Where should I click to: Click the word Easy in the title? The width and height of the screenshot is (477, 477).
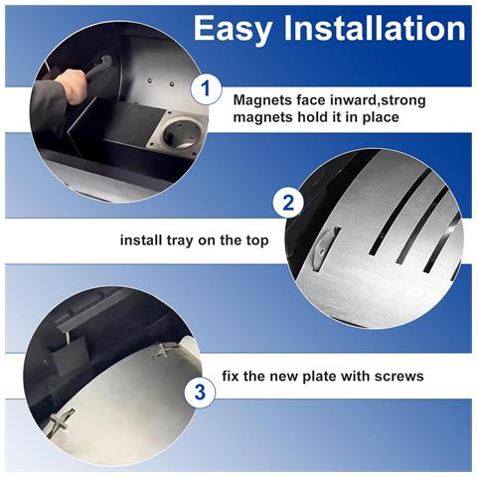tap(233, 29)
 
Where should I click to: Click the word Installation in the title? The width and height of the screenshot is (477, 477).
tap(375, 28)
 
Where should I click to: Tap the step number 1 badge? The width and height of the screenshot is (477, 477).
tap(206, 88)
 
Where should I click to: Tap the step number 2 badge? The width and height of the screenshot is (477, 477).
tap(288, 203)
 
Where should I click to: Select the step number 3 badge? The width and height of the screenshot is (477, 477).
tap(200, 393)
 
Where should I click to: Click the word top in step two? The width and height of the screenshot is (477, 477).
tap(257, 240)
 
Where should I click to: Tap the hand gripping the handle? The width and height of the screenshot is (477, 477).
tap(72, 85)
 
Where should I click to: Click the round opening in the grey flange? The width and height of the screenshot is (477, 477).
tap(183, 134)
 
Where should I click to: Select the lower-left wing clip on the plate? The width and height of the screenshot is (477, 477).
tap(62, 419)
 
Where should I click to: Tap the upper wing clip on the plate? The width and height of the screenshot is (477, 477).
tap(163, 350)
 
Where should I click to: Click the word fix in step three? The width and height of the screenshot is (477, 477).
tap(231, 377)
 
